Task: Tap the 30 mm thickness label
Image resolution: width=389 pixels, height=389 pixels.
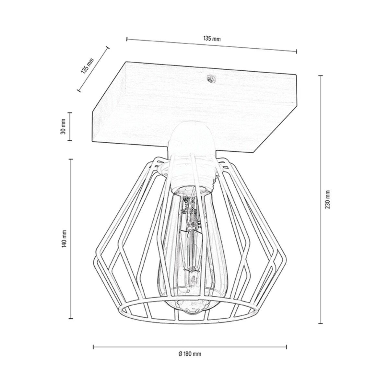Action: [x=64, y=126]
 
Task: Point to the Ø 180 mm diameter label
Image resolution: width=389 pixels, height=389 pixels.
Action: [x=190, y=354]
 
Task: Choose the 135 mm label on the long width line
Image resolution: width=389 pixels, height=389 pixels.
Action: [x=212, y=39]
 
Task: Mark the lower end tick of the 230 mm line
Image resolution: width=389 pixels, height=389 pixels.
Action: [x=321, y=323]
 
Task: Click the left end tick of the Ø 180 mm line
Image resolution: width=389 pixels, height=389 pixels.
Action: [x=93, y=347]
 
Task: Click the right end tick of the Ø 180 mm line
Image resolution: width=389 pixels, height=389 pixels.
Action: [x=287, y=347]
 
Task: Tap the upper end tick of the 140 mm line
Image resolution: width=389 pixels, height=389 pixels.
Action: [x=70, y=159]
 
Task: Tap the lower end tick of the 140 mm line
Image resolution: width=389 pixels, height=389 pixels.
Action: [x=70, y=319]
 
